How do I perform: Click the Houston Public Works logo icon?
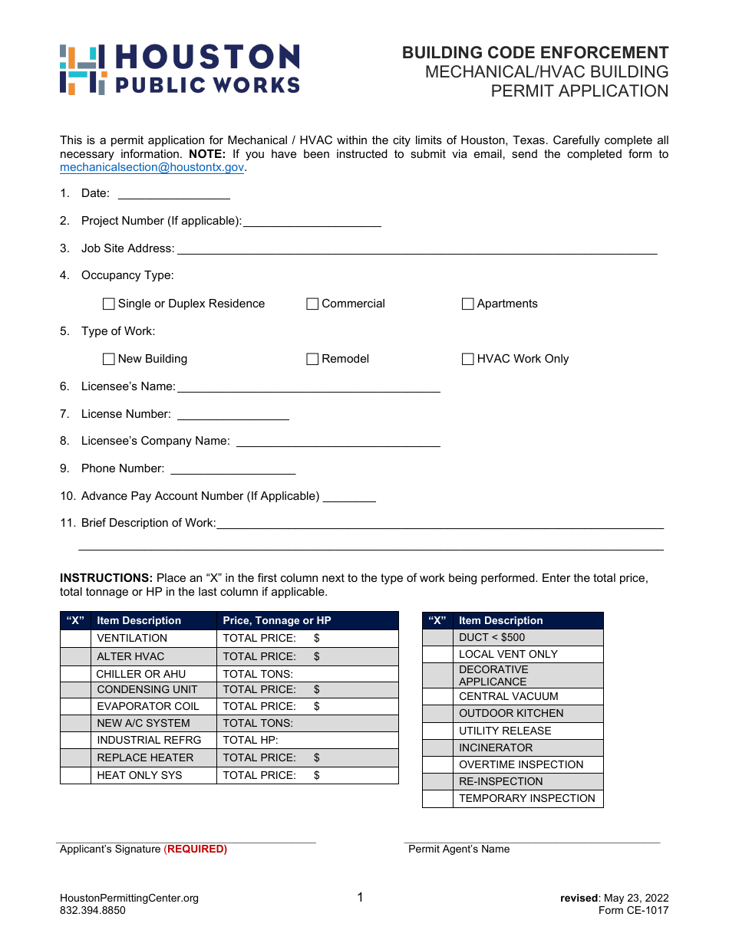tap(82, 70)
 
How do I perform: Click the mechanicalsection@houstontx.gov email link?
tap(152, 167)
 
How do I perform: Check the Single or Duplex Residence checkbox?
tap(109, 304)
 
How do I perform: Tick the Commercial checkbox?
tap(312, 304)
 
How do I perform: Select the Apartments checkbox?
tap(468, 304)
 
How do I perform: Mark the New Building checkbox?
tap(109, 360)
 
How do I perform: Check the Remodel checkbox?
tap(312, 360)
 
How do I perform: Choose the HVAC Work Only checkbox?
tap(468, 360)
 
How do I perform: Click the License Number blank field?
tap(233, 415)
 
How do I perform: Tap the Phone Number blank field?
tap(233, 469)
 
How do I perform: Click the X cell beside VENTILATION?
tap(75, 639)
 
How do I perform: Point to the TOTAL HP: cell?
tap(307, 741)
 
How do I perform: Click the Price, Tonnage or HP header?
tap(277, 621)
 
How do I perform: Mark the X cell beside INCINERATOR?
tap(437, 748)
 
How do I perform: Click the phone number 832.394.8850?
tap(93, 911)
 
